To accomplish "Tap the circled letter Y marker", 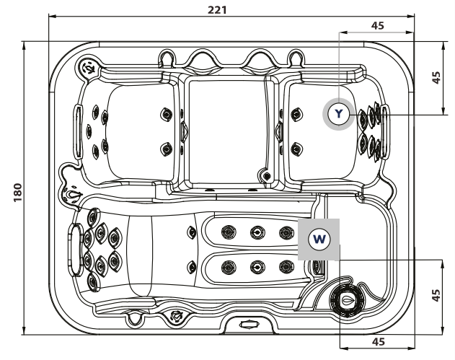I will point(338,113).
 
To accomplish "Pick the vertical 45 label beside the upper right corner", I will point(436,77).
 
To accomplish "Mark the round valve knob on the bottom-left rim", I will point(176,315).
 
